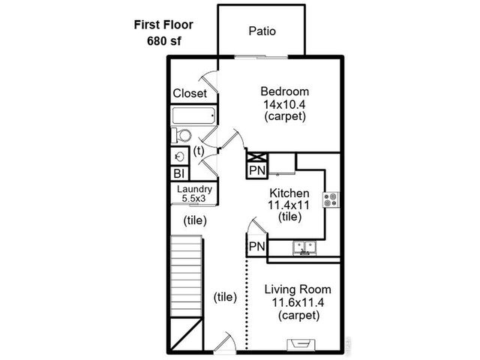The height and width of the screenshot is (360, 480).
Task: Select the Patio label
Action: point(262,31)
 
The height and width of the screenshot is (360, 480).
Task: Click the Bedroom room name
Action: point(285,91)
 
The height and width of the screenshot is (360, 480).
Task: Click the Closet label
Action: point(190,94)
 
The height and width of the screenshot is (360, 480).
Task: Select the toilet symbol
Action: point(182,136)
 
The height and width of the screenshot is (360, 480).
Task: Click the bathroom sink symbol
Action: point(179,156)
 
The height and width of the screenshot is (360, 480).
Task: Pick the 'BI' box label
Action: point(179,173)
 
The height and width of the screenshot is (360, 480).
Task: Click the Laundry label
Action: point(194,189)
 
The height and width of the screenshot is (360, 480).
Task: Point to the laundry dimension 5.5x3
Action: point(194,199)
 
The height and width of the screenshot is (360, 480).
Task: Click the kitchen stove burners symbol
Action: point(331,199)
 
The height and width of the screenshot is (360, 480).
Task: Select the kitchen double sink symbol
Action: point(304,247)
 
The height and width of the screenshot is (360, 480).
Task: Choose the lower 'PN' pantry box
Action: point(256,246)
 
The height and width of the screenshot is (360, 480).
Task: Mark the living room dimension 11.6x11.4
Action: point(298,302)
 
